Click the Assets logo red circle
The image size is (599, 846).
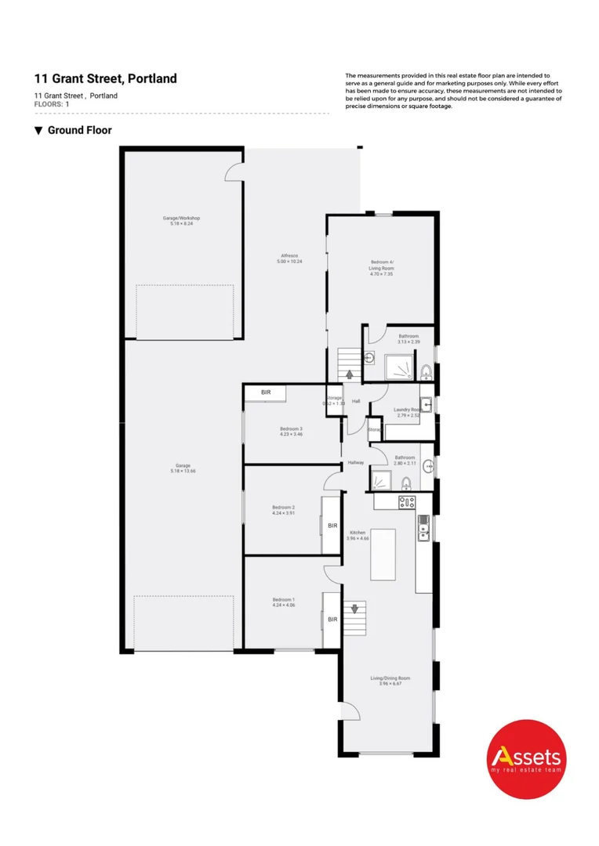tap(526, 758)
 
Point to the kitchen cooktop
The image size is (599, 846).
tap(406, 501)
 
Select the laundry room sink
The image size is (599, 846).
tap(426, 395)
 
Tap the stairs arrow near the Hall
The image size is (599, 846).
tap(349, 374)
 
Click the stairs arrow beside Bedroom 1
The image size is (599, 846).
tap(354, 608)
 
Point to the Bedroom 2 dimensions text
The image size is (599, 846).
tap(283, 513)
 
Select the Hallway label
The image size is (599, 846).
tap(356, 464)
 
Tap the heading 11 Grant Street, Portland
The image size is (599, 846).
tap(106, 78)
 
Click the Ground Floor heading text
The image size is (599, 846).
tap(79, 130)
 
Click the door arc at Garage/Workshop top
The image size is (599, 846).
tap(234, 174)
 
